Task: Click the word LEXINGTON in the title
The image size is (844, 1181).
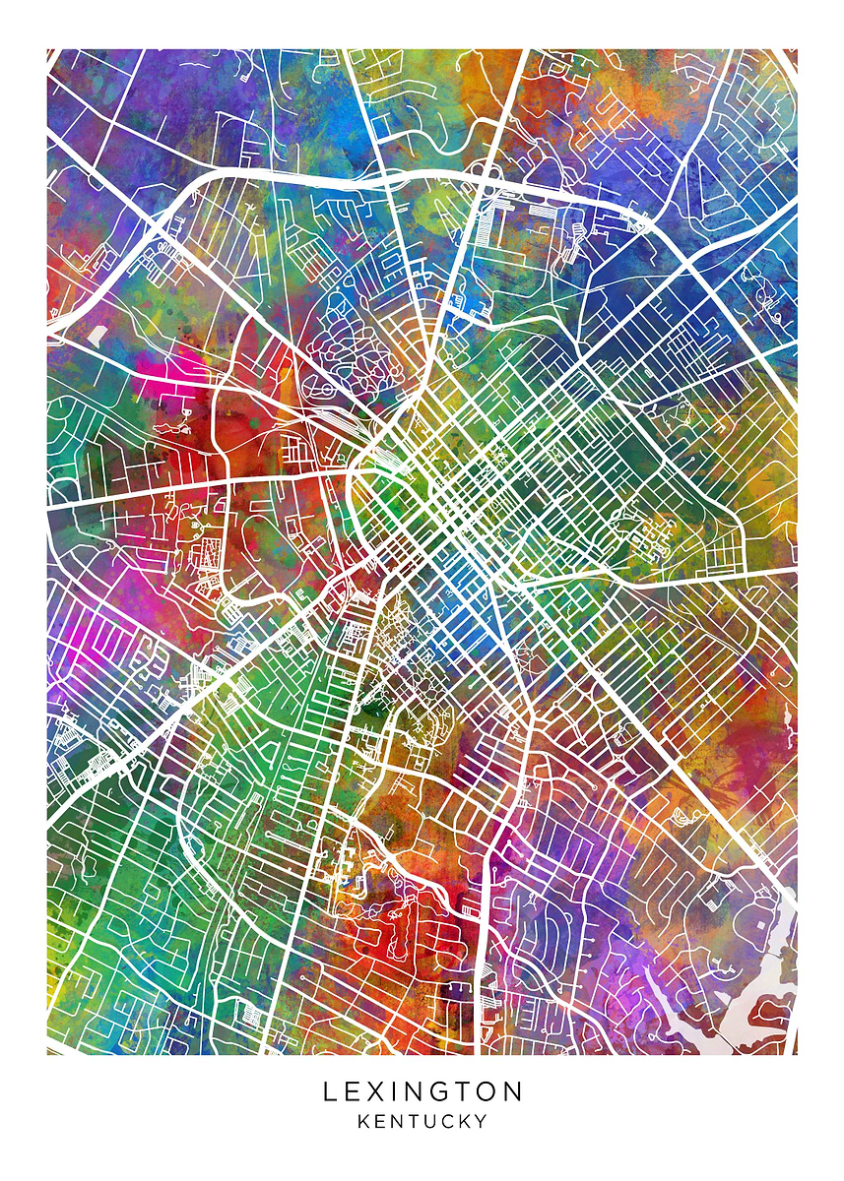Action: pos(422,1091)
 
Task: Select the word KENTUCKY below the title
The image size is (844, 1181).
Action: pos(422,1121)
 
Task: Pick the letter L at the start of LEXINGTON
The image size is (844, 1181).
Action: pos(331,1091)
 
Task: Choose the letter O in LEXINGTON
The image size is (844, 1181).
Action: pos(489,1091)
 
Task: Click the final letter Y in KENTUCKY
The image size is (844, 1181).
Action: pos(482,1121)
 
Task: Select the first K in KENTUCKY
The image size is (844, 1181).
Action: pos(363,1121)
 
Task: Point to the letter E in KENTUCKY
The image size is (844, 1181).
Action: pos(380,1121)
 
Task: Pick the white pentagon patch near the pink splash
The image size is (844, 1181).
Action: pos(97,335)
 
